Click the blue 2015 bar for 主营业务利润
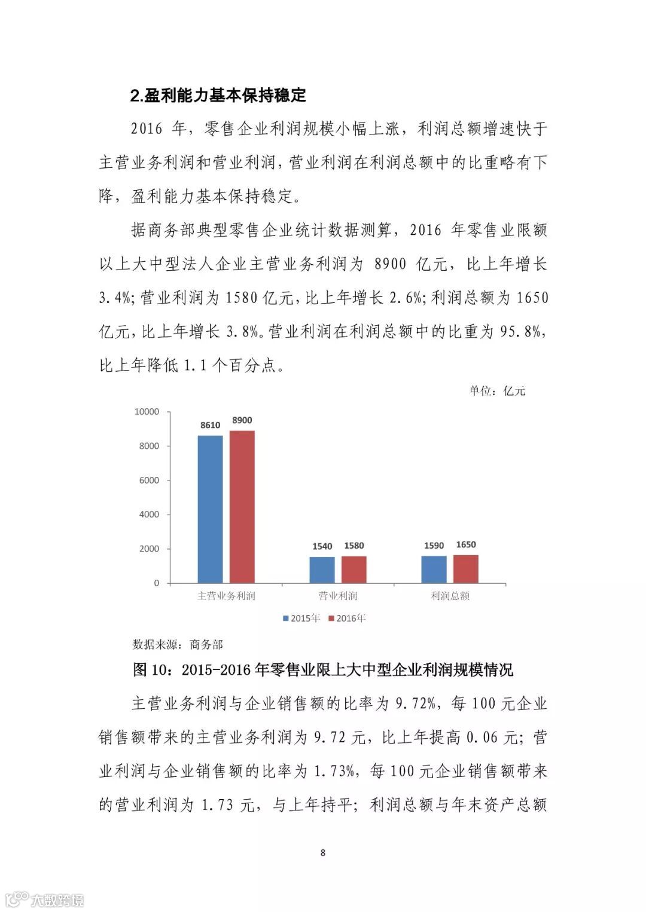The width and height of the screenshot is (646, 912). pos(210,509)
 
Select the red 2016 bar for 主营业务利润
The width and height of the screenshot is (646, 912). pos(242,506)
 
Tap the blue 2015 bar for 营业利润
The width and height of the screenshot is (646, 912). pos(322,570)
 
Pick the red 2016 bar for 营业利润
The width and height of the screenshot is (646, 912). pos(354,569)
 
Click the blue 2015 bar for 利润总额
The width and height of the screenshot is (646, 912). pos(434,569)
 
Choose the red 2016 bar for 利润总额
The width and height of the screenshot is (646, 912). pos(465,568)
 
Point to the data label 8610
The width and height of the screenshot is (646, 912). pos(210,425)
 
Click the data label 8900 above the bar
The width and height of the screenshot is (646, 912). pos(242,420)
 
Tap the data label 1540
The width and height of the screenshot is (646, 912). pos(322,546)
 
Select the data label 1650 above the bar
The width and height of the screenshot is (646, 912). pos(465,544)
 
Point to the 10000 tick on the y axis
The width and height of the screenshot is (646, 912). pos(147,412)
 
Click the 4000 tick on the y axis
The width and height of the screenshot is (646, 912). pos(149,515)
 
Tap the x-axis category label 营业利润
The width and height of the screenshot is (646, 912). pos(338,596)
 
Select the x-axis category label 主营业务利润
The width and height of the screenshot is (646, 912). pos(226,596)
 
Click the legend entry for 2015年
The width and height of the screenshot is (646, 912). pos(301,618)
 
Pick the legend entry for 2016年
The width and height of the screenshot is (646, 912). pos(347,618)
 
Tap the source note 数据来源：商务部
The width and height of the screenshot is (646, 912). pos(178,644)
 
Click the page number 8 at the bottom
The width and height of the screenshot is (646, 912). pos(323,852)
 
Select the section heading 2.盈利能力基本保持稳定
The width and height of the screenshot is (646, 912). pos(218,95)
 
